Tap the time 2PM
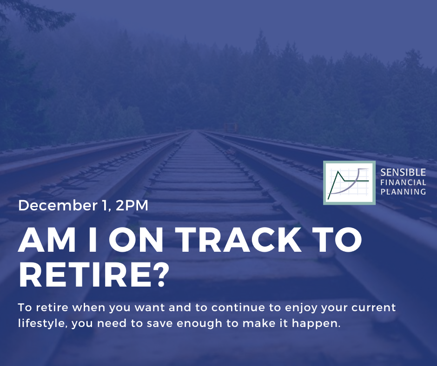tap(132, 206)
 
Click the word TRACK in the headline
tap(240, 240)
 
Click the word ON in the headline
tap(136, 240)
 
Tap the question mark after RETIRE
tap(161, 274)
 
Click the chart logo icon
tap(349, 183)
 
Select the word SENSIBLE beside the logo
tap(403, 173)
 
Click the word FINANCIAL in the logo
tap(403, 183)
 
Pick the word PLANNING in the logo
tap(403, 192)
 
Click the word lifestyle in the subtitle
tap(42, 324)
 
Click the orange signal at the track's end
tap(231, 128)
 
